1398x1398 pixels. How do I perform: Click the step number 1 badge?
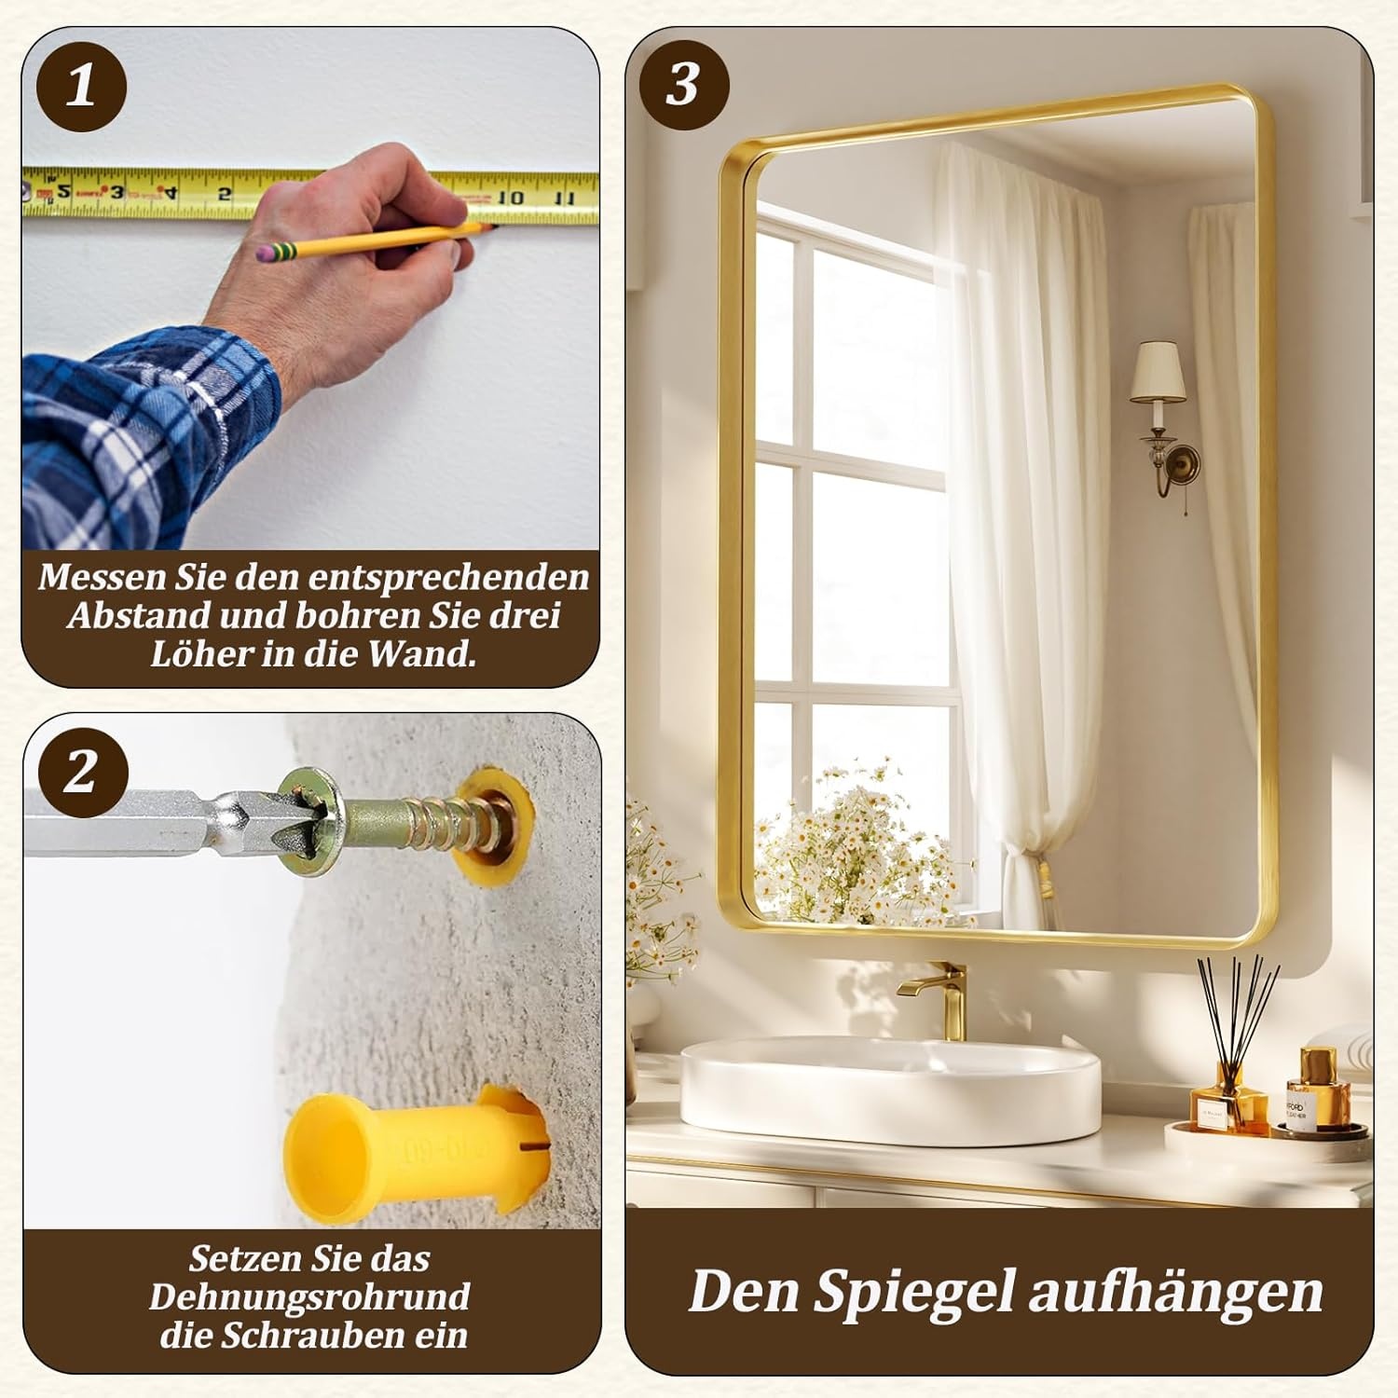tap(81, 86)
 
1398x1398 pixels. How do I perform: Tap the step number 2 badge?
tap(82, 772)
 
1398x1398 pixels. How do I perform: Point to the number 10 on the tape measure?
tap(510, 197)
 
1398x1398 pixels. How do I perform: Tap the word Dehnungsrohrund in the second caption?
tap(309, 1297)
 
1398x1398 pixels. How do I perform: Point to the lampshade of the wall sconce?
tap(1158, 371)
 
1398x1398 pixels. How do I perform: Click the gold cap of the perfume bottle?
tap(1318, 1062)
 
